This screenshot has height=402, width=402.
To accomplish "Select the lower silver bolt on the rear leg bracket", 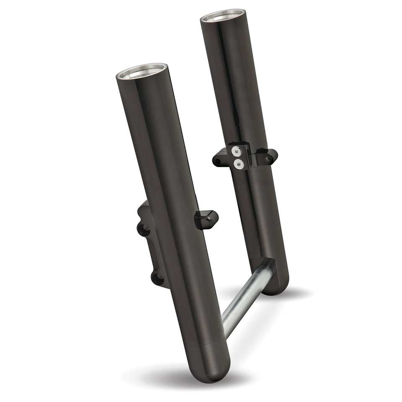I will pyautogui.click(x=238, y=165).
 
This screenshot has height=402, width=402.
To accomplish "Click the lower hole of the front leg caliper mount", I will pyautogui.click(x=156, y=277).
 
